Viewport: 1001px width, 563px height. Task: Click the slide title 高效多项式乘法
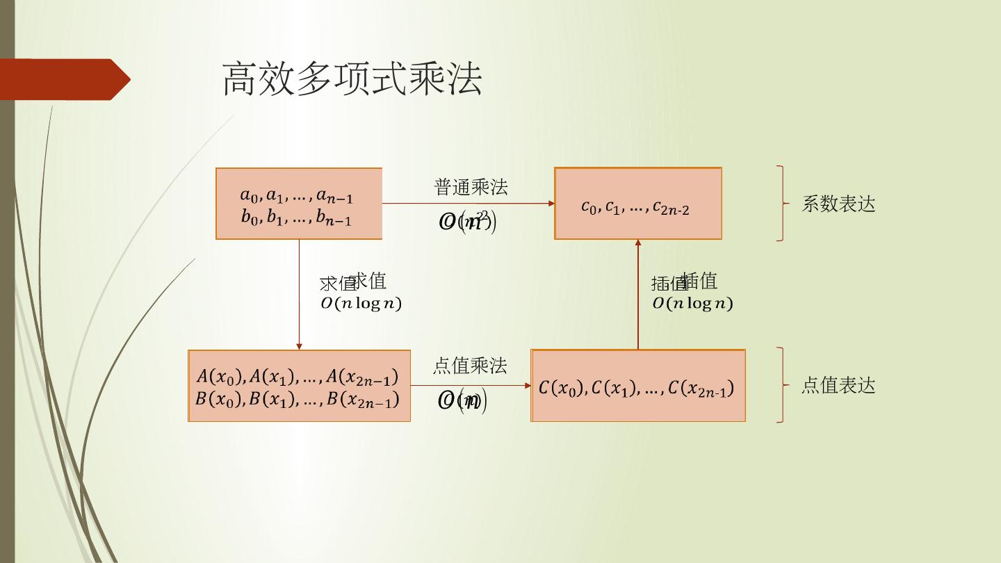(x=352, y=79)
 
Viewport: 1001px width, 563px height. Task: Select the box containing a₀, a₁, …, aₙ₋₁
(x=299, y=204)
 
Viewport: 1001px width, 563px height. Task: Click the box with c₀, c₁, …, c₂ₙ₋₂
(x=637, y=204)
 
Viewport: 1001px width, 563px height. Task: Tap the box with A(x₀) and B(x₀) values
(x=299, y=386)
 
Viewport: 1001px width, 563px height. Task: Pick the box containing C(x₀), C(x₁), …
(x=637, y=386)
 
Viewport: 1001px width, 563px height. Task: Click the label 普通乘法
(x=471, y=187)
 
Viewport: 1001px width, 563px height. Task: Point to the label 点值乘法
(x=470, y=366)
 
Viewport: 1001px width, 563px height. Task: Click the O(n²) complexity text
(x=467, y=222)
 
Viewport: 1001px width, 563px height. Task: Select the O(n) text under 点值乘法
(x=462, y=401)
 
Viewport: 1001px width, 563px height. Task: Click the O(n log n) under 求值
(x=361, y=304)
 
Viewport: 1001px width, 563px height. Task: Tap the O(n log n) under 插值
(x=692, y=304)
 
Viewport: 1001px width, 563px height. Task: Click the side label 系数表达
(x=838, y=204)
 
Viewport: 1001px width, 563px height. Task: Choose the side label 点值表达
(x=838, y=386)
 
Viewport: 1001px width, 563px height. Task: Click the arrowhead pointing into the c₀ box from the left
(x=551, y=204)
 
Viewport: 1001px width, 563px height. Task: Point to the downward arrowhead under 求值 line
(x=299, y=345)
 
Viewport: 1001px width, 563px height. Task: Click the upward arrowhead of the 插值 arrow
(x=637, y=243)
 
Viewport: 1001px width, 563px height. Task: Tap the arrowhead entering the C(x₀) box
(x=528, y=386)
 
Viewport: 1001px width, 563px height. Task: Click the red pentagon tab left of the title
(x=66, y=79)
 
